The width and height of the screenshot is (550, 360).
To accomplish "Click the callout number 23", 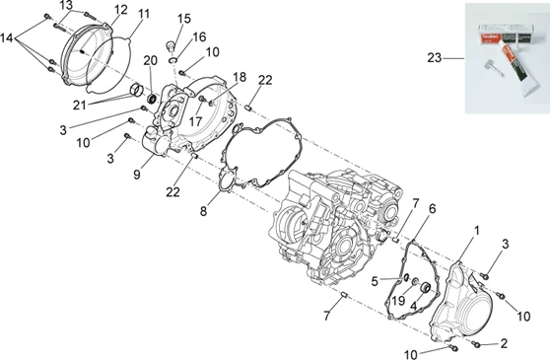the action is pyautogui.click(x=435, y=57).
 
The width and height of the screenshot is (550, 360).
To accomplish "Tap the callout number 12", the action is pyautogui.click(x=120, y=10).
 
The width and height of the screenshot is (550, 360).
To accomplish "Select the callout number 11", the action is pyautogui.click(x=144, y=14).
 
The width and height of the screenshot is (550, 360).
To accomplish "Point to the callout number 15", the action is pyautogui.click(x=183, y=18).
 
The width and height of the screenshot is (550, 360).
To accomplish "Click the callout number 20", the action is pyautogui.click(x=150, y=60).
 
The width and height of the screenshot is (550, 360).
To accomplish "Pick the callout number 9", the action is pyautogui.click(x=137, y=174).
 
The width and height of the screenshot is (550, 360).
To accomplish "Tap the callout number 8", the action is pyautogui.click(x=203, y=211).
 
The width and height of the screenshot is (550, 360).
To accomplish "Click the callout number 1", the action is pyautogui.click(x=477, y=231).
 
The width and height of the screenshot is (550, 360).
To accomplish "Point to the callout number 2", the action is pyautogui.click(x=504, y=343).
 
